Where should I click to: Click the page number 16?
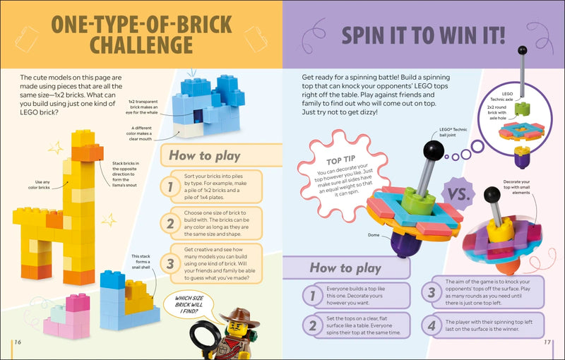[17, 342]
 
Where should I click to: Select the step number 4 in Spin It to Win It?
[431, 326]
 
